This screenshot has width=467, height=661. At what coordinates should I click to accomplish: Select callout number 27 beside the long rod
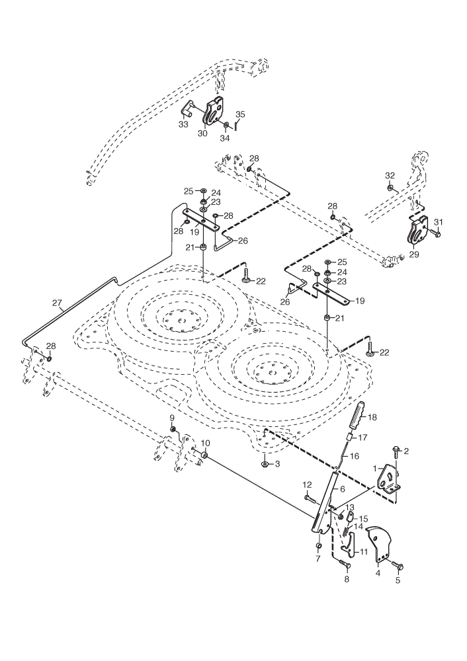pos(57,303)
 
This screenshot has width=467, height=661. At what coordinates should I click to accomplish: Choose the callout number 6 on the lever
pos(342,489)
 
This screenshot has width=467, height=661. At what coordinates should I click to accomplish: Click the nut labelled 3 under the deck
pos(265,465)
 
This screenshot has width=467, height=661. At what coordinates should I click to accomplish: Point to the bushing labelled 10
pos(204,455)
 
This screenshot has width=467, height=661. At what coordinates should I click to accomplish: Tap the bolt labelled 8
pos(344,564)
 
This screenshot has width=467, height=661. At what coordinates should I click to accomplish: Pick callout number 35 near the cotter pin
pos(240,114)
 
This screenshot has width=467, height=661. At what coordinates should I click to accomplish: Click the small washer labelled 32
pos(391,187)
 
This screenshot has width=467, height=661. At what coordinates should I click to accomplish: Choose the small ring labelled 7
pos(319,547)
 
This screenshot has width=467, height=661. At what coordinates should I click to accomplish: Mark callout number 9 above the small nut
pos(172,417)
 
